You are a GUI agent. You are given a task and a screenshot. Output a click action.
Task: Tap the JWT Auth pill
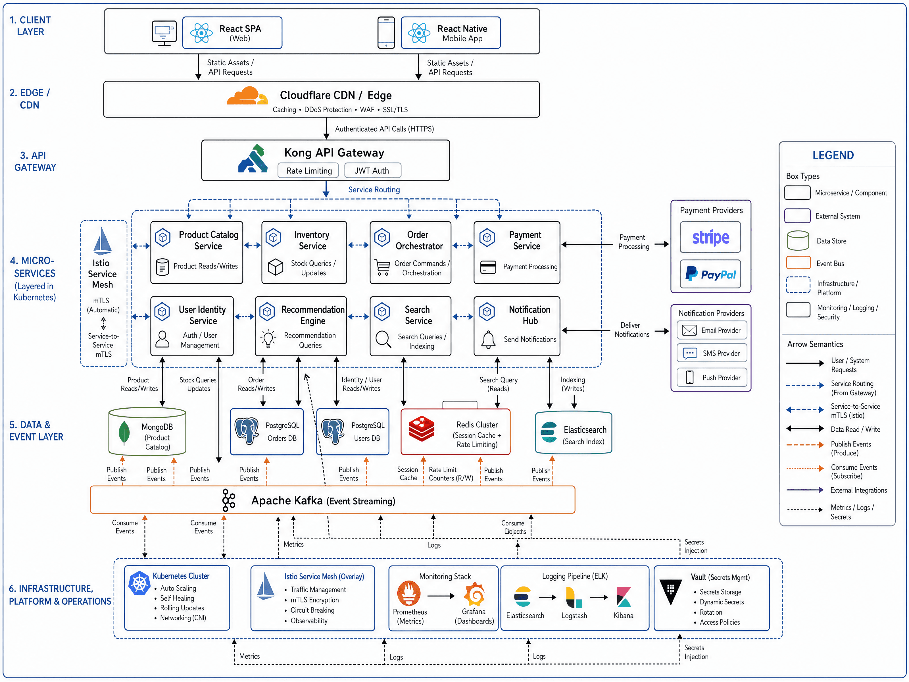372,170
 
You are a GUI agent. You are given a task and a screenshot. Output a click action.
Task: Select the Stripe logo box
710,237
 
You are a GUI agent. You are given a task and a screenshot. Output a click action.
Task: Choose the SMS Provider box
712,353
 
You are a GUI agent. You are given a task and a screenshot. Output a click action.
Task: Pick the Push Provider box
712,377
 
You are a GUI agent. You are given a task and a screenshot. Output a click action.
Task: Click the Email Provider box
712,330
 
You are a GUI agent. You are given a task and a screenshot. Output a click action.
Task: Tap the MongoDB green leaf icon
124,433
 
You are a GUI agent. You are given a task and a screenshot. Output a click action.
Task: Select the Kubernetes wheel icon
139,583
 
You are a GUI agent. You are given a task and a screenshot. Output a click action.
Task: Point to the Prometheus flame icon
409,593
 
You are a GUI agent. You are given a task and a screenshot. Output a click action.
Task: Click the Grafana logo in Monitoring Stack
475,594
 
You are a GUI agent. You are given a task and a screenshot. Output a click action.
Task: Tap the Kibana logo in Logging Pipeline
624,597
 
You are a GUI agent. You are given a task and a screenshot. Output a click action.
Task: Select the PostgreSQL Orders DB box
267,432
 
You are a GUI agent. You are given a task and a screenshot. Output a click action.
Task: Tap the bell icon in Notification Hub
488,340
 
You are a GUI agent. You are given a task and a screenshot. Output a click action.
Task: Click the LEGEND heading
833,155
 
